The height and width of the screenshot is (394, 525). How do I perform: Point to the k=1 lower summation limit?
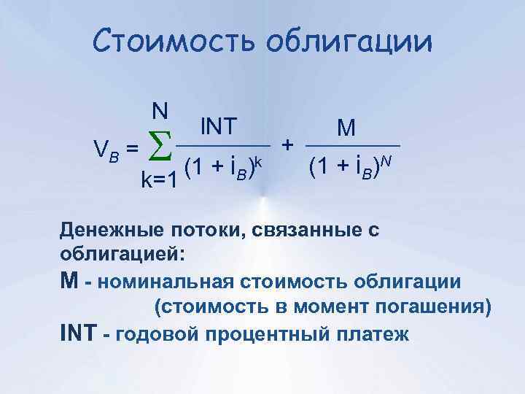point(158,179)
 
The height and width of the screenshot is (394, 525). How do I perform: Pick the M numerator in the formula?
point(346,128)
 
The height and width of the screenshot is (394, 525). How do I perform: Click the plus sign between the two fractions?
point(289,144)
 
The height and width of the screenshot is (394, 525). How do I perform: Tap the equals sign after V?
point(132,148)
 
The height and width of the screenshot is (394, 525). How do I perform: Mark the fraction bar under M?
point(353,144)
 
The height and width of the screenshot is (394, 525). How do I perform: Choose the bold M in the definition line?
point(69,281)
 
